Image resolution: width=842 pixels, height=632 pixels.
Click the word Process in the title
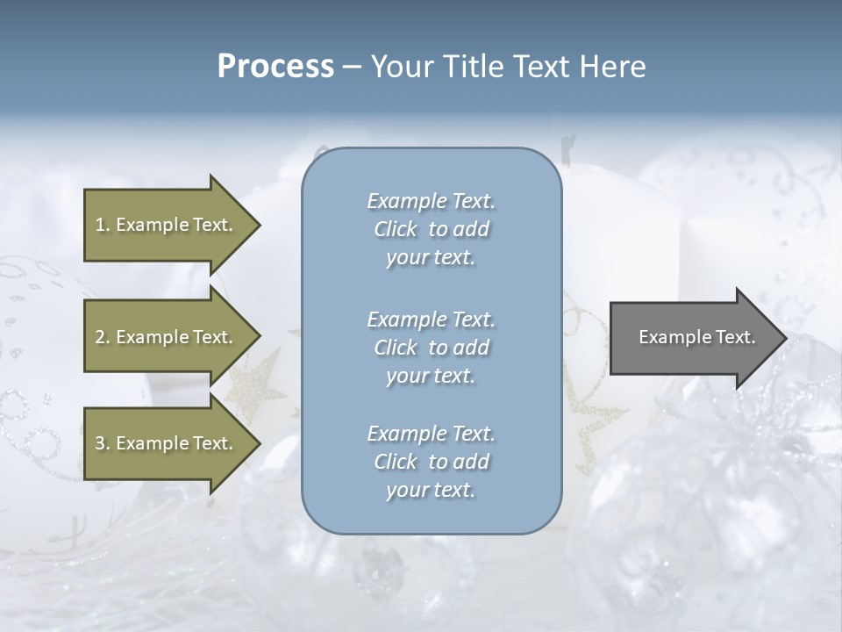[x=275, y=67]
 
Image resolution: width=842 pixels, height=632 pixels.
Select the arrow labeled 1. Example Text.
[x=167, y=225]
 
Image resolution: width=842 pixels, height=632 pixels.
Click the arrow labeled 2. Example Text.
[x=167, y=337]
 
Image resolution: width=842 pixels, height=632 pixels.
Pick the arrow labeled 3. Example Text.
[x=167, y=443]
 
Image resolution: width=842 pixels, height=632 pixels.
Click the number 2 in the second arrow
[x=100, y=337]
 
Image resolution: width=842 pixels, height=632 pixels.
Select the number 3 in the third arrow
[x=100, y=443]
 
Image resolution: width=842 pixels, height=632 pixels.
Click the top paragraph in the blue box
[x=431, y=229]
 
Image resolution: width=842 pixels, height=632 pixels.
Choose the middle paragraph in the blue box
[x=431, y=348]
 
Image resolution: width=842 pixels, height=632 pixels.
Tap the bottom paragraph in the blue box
[x=431, y=462]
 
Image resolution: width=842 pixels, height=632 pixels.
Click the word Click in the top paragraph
[x=396, y=229]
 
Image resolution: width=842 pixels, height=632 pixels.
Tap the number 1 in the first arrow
[x=100, y=225]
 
